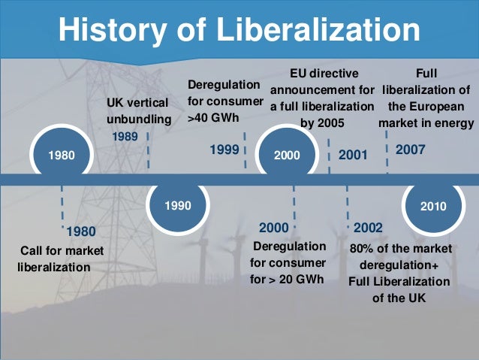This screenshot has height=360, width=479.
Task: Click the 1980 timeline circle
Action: [x=61, y=156]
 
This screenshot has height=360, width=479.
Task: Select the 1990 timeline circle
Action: [x=178, y=204]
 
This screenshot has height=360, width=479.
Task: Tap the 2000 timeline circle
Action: [x=287, y=156]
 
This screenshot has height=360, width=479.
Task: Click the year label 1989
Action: [x=125, y=137]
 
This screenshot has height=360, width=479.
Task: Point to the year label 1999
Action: [x=224, y=150]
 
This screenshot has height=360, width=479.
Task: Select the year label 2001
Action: [x=353, y=156]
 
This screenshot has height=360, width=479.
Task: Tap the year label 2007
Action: [x=410, y=150]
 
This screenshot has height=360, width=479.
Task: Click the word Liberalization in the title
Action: [x=318, y=31]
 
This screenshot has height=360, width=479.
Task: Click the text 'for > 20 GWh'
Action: [x=287, y=280]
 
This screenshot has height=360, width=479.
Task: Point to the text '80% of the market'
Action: [x=401, y=248]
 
